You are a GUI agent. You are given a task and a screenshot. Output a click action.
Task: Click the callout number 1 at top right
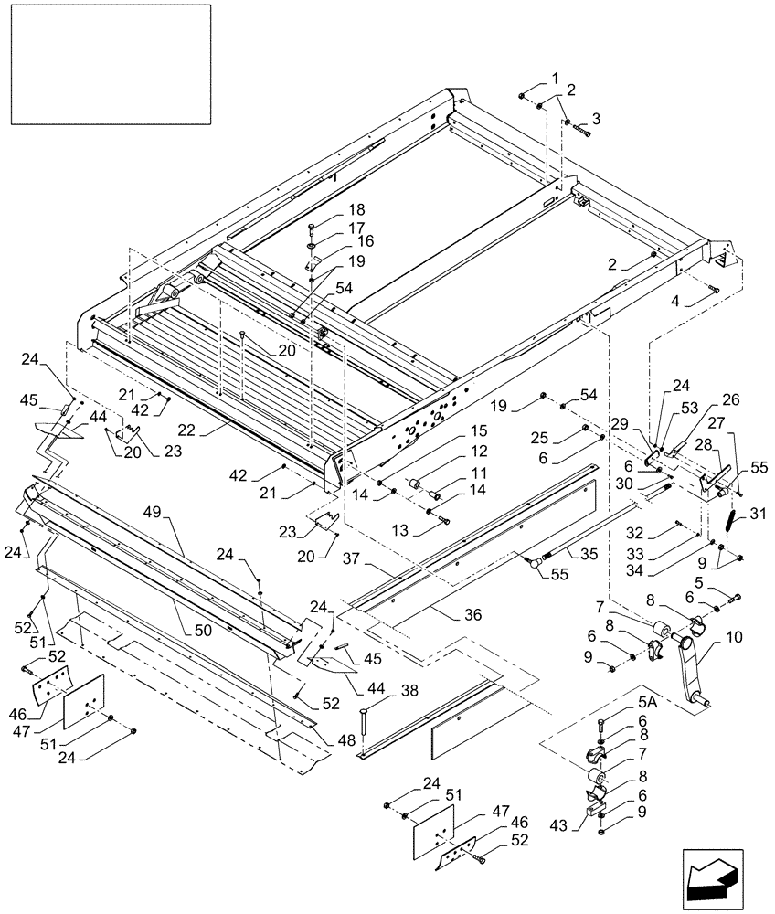(x=552, y=77)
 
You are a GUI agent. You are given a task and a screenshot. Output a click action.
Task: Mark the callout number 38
(x=363, y=692)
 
